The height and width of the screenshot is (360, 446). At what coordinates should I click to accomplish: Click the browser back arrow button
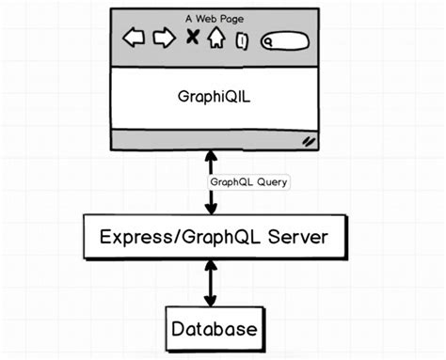pyautogui.click(x=135, y=39)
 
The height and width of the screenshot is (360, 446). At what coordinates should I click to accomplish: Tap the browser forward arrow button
pyautogui.click(x=165, y=39)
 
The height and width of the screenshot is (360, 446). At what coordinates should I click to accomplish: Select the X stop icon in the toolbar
pyautogui.click(x=192, y=38)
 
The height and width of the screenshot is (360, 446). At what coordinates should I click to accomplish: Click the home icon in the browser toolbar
pyautogui.click(x=216, y=38)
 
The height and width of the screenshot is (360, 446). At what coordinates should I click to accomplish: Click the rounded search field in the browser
pyautogui.click(x=284, y=40)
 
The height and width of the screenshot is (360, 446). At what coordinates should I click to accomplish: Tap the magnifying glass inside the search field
pyautogui.click(x=269, y=41)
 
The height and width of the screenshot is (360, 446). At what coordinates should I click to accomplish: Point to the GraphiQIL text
pyautogui.click(x=215, y=97)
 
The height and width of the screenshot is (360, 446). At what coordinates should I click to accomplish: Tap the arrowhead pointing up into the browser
pyautogui.click(x=211, y=155)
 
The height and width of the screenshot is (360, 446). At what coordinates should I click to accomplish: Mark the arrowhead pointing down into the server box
pyautogui.click(x=211, y=210)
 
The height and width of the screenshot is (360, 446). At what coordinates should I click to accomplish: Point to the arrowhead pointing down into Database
pyautogui.click(x=211, y=302)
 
